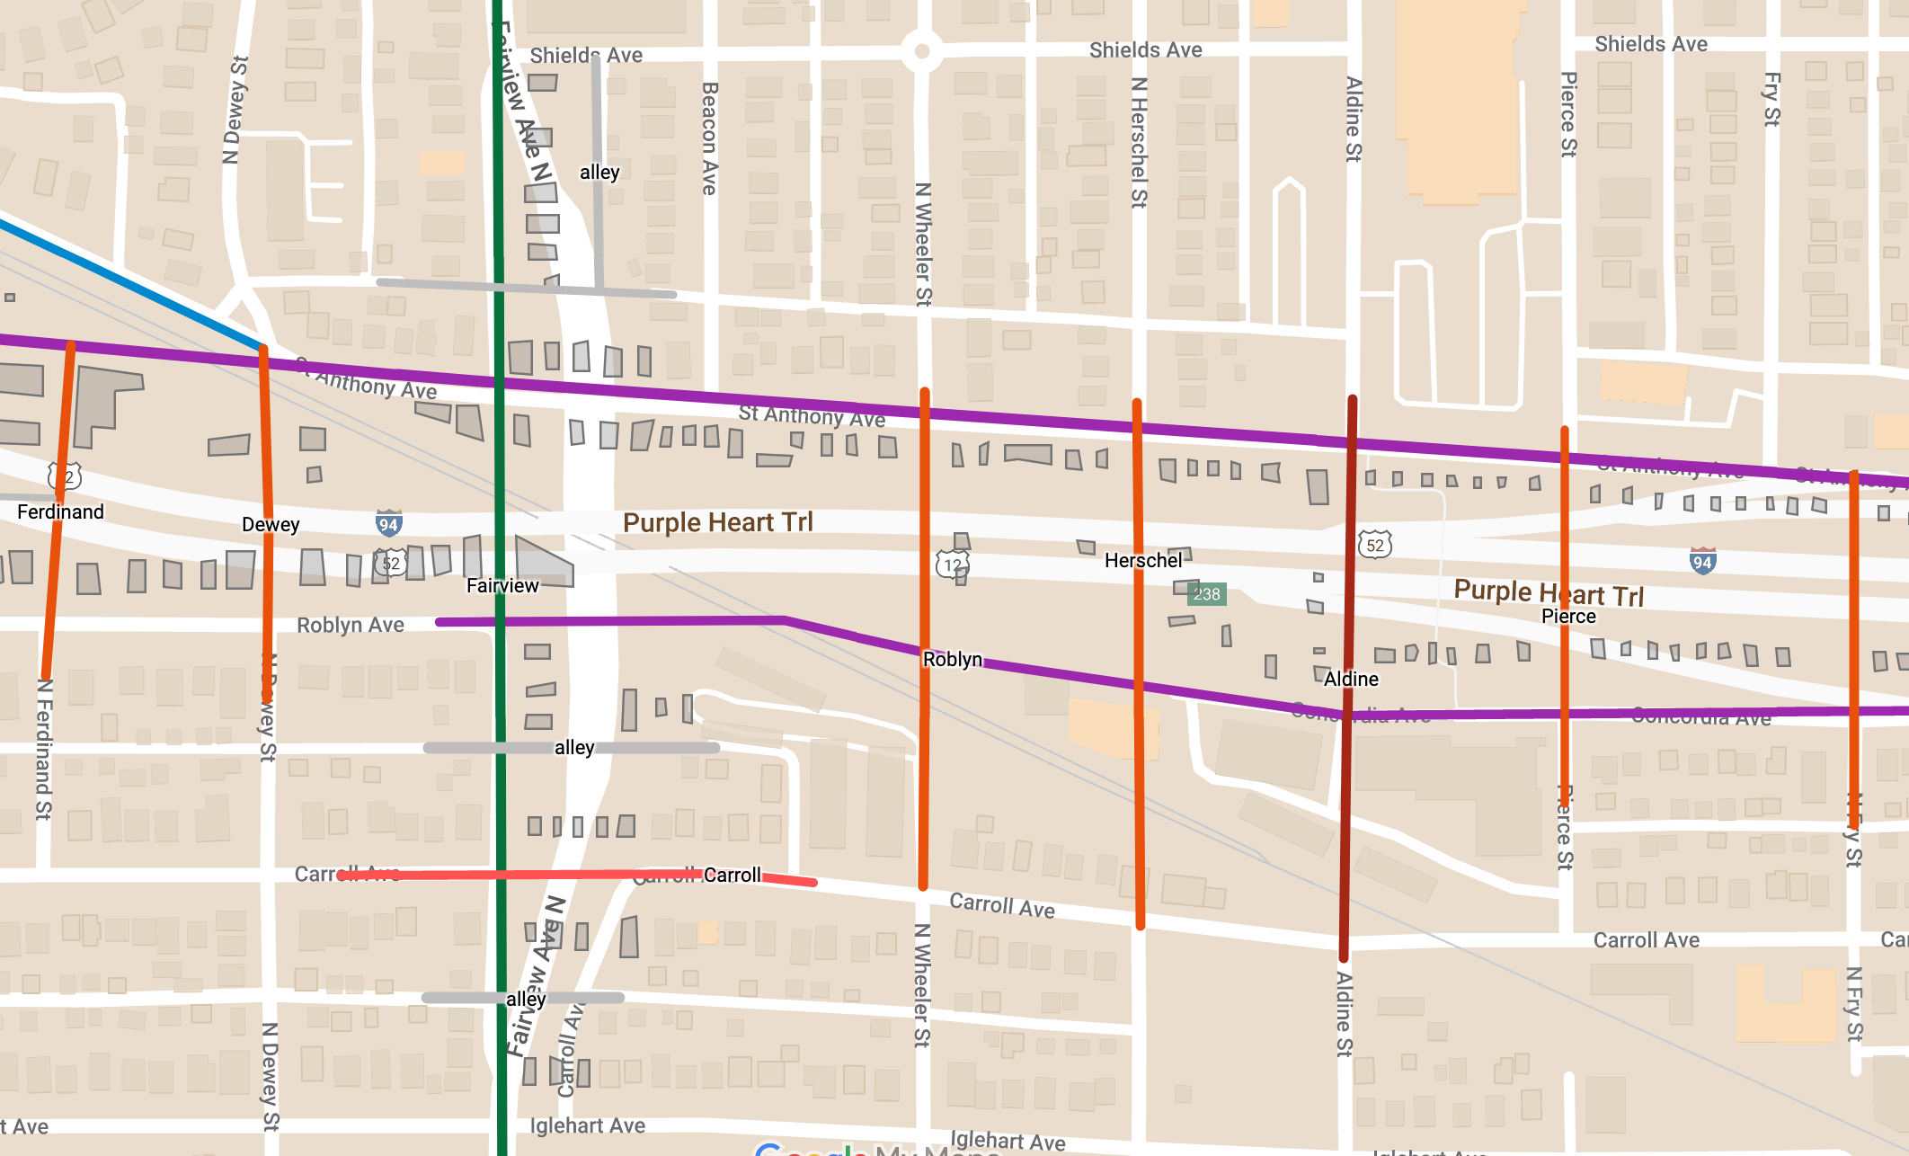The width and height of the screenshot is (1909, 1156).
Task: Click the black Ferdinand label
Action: pyautogui.click(x=60, y=511)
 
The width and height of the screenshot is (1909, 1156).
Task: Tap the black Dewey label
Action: pyautogui.click(x=271, y=524)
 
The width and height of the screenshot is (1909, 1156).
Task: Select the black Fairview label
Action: pyautogui.click(x=502, y=585)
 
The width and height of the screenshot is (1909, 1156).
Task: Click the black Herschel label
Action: pyautogui.click(x=1143, y=560)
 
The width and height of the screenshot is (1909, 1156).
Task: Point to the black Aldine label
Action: pyautogui.click(x=1351, y=679)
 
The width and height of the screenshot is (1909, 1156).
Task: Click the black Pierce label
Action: pyautogui.click(x=1568, y=616)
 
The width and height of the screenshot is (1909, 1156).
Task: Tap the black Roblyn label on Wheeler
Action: pyautogui.click(x=953, y=659)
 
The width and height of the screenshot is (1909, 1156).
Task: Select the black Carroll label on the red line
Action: pyautogui.click(x=732, y=875)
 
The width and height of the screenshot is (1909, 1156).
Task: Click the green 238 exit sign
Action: pyautogui.click(x=1206, y=594)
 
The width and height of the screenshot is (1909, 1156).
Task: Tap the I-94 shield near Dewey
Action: pyautogui.click(x=388, y=524)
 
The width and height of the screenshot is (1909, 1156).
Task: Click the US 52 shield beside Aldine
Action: pyautogui.click(x=1375, y=545)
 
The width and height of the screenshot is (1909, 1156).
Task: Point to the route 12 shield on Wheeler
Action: pyautogui.click(x=953, y=565)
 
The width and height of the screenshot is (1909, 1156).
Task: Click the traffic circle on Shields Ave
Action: pyautogui.click(x=921, y=51)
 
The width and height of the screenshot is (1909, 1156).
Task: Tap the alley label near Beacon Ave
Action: pyautogui.click(x=599, y=172)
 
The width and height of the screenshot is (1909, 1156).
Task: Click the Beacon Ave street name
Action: pyautogui.click(x=709, y=138)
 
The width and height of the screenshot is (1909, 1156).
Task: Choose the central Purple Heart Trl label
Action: pyautogui.click(x=717, y=522)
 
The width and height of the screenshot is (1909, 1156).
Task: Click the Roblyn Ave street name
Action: pyautogui.click(x=351, y=625)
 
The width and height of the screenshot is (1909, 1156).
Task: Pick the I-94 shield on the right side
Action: pyautogui.click(x=1702, y=562)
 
